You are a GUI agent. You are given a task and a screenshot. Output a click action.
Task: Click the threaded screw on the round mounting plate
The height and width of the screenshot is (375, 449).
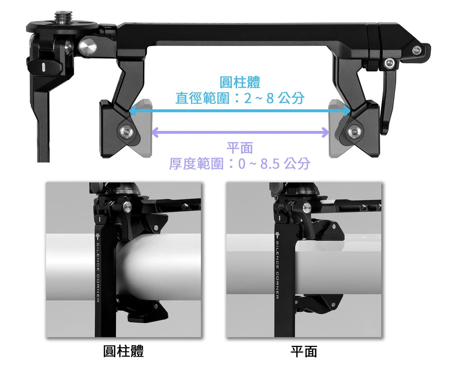(x=61, y=17)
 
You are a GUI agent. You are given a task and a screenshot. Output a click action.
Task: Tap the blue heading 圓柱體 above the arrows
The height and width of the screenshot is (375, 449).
(x=240, y=82)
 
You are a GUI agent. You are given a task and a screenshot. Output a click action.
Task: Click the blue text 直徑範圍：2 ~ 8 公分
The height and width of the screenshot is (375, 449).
(x=240, y=98)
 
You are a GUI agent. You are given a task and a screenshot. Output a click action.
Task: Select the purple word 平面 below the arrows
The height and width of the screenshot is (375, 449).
(x=240, y=148)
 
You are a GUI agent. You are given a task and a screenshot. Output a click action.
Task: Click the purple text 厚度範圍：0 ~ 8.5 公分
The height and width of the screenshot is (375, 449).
(x=239, y=163)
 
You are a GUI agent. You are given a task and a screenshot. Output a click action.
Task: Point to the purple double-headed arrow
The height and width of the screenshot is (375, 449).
(x=240, y=132)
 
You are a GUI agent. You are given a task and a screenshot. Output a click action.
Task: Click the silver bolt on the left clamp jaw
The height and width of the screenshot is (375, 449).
(x=126, y=131)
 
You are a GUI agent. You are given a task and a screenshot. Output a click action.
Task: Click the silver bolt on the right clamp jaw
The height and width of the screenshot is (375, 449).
(x=354, y=132)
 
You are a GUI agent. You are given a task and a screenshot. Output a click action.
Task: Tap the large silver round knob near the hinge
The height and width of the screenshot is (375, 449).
(x=88, y=46)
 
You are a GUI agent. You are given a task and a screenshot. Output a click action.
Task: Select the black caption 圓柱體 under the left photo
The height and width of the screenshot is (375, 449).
(x=123, y=351)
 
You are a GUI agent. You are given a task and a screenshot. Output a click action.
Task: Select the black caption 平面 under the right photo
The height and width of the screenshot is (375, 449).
(x=303, y=351)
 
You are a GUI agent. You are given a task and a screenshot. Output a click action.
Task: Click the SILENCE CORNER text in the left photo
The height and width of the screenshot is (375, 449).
(x=98, y=273)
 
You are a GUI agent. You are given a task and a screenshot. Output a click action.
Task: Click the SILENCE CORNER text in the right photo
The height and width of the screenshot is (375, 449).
(x=277, y=270)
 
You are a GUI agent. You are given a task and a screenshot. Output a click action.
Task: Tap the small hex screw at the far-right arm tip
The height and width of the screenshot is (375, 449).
(x=416, y=50)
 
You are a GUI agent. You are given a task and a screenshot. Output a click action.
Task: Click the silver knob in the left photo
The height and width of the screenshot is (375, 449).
(x=127, y=207)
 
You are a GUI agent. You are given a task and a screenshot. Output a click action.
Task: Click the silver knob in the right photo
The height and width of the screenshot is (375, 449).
(x=307, y=208)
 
